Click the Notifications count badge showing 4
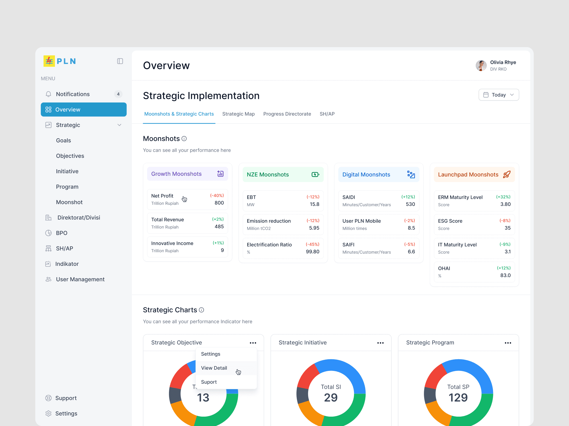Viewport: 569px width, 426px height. tap(118, 94)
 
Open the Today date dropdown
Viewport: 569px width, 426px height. tap(499, 95)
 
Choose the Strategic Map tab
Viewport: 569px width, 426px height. tap(238, 114)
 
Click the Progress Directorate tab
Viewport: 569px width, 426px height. tap(287, 114)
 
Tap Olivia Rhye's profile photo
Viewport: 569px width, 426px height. tap(481, 66)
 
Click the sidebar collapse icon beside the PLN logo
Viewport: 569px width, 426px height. tap(120, 61)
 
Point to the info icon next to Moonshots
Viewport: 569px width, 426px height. tap(184, 139)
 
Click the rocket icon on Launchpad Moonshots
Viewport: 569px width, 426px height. tap(507, 174)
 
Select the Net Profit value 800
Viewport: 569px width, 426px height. tap(219, 203)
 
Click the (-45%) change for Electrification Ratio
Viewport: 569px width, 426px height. tap(312, 244)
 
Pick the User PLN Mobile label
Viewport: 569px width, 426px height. tap(362, 221)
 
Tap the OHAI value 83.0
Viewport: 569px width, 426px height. tap(506, 275)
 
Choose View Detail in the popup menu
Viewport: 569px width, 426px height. tap(214, 368)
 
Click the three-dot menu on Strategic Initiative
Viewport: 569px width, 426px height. tap(380, 343)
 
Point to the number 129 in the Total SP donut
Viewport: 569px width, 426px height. tap(458, 398)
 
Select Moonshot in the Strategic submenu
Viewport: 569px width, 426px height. tap(69, 202)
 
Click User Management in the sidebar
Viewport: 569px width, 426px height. tap(80, 279)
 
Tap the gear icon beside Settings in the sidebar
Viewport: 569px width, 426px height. tap(48, 414)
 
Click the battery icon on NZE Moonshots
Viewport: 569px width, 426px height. tap(315, 174)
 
